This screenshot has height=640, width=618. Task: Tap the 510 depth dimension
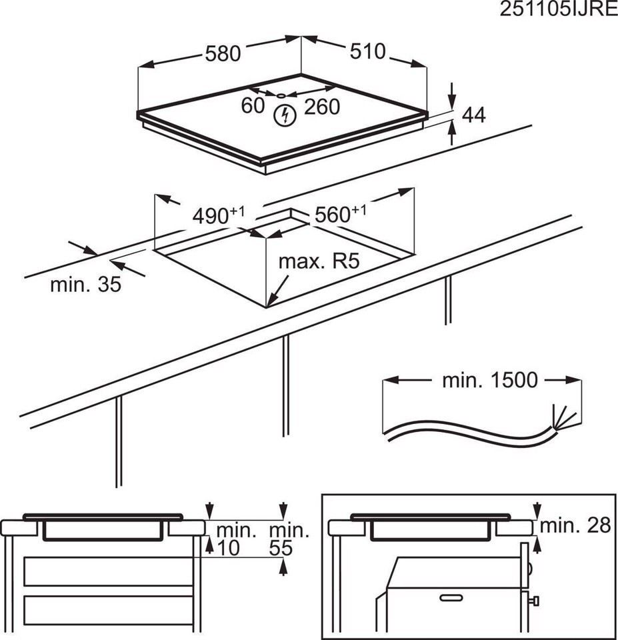(366, 51)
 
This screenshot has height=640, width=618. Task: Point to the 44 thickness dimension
(473, 115)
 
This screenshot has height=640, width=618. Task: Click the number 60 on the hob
(253, 106)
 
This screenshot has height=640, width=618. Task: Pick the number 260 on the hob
(322, 107)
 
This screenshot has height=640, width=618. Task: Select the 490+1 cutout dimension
(219, 215)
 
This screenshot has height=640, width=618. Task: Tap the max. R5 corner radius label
(319, 261)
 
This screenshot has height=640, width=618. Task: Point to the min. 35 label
(85, 285)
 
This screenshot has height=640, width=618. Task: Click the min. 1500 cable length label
(489, 380)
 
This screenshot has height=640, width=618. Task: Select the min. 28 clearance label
(575, 525)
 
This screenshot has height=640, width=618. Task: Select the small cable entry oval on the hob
(281, 95)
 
